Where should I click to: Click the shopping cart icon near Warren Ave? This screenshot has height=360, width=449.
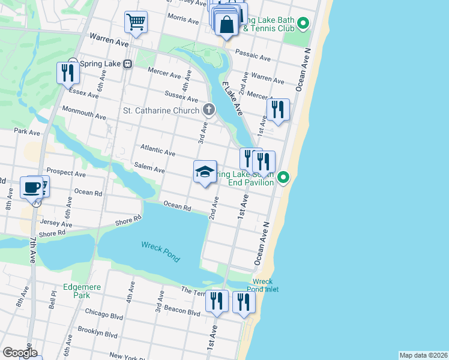[136, 23]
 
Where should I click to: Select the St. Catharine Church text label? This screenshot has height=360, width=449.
[160, 110]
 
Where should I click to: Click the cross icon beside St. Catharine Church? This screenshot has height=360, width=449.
[208, 109]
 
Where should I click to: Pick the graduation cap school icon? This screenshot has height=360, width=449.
[205, 172]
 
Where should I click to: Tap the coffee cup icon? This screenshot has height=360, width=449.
[31, 187]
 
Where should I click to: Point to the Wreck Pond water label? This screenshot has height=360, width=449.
[160, 251]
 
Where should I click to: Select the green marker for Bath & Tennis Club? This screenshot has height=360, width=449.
[303, 24]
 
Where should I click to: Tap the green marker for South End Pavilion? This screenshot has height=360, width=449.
[284, 177]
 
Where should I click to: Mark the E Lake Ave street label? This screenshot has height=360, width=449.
[232, 98]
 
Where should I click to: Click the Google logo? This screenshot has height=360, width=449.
[19, 353]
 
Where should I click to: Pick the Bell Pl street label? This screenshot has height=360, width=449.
[53, 298]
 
